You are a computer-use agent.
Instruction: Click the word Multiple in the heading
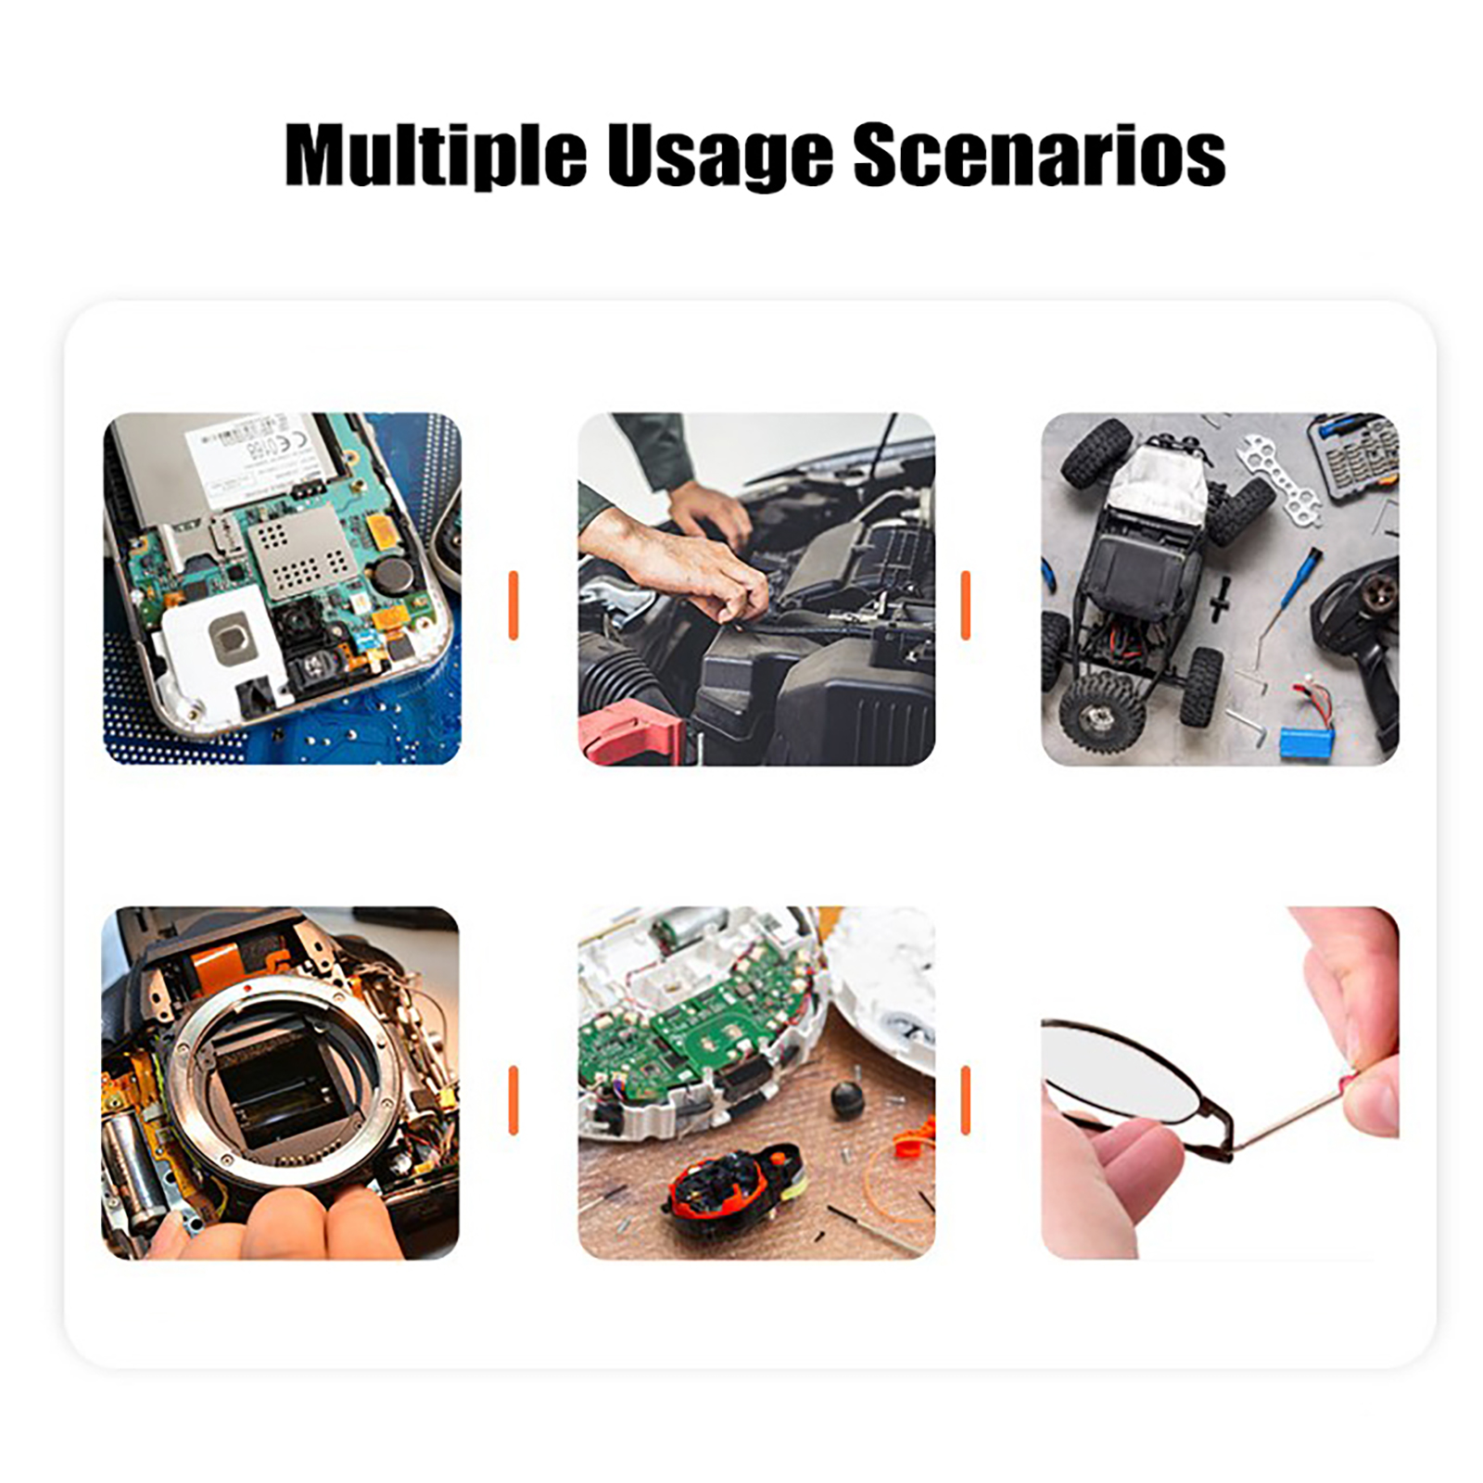[436, 155]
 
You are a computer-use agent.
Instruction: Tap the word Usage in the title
[719, 155]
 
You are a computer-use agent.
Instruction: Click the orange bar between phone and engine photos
[513, 605]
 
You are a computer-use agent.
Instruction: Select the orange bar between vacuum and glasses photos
[966, 1100]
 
